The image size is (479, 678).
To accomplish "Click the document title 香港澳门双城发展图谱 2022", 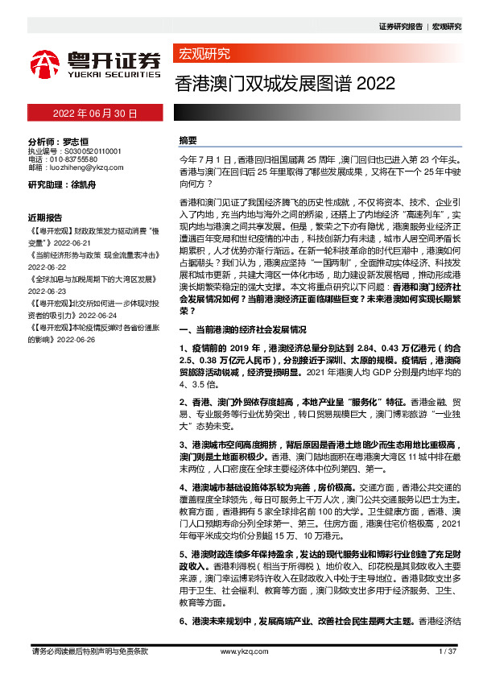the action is (285, 84).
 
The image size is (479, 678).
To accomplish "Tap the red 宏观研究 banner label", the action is (203, 55).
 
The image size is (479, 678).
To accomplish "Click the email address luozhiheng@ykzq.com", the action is (82, 168).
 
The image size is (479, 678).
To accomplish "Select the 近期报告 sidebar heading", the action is (45, 218).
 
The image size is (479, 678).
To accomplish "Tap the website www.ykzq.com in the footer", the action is (239, 651).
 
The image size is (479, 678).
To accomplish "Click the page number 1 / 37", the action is (447, 651).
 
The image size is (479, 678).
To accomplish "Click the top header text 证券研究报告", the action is (400, 27).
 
